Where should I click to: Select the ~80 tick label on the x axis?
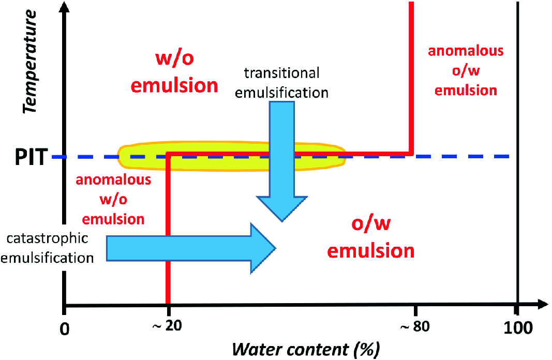click(x=414, y=327)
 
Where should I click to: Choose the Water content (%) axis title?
click(x=306, y=349)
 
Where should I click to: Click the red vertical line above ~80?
click(x=412, y=78)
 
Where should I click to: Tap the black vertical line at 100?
click(x=516, y=155)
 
